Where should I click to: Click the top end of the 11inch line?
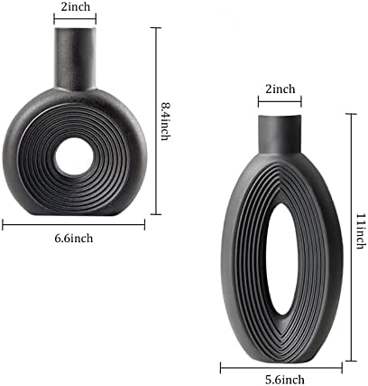pos(350,113)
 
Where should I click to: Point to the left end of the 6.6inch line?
pos(3,224)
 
